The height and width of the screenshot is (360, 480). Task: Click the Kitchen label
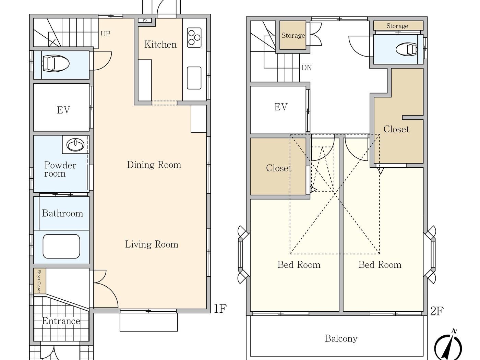coord(160,45)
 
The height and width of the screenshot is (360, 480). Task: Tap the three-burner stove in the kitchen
coord(194,37)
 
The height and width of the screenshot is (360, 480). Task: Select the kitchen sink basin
coord(194,78)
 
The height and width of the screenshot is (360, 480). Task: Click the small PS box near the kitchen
coord(145,20)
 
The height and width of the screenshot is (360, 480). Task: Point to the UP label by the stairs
coord(105,34)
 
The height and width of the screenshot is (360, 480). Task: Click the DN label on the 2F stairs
coord(307,68)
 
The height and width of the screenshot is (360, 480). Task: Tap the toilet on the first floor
coord(56,64)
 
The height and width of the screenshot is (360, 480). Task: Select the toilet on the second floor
coord(407,50)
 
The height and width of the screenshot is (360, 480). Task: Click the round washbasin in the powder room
coord(75,145)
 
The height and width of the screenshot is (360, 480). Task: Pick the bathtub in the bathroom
coord(61,246)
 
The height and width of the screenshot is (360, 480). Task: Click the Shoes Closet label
coord(39,281)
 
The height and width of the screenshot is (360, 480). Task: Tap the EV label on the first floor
coord(63,110)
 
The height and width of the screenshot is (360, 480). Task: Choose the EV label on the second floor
coord(281,107)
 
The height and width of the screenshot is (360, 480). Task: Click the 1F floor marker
coord(220,309)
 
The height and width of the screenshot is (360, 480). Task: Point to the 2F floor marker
coord(437,311)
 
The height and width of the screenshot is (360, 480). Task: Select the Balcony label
coord(341,339)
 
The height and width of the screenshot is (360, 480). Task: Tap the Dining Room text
coord(154,165)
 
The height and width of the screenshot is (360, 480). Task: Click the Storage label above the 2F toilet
coord(397,26)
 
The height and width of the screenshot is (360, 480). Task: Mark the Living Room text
coord(152,244)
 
